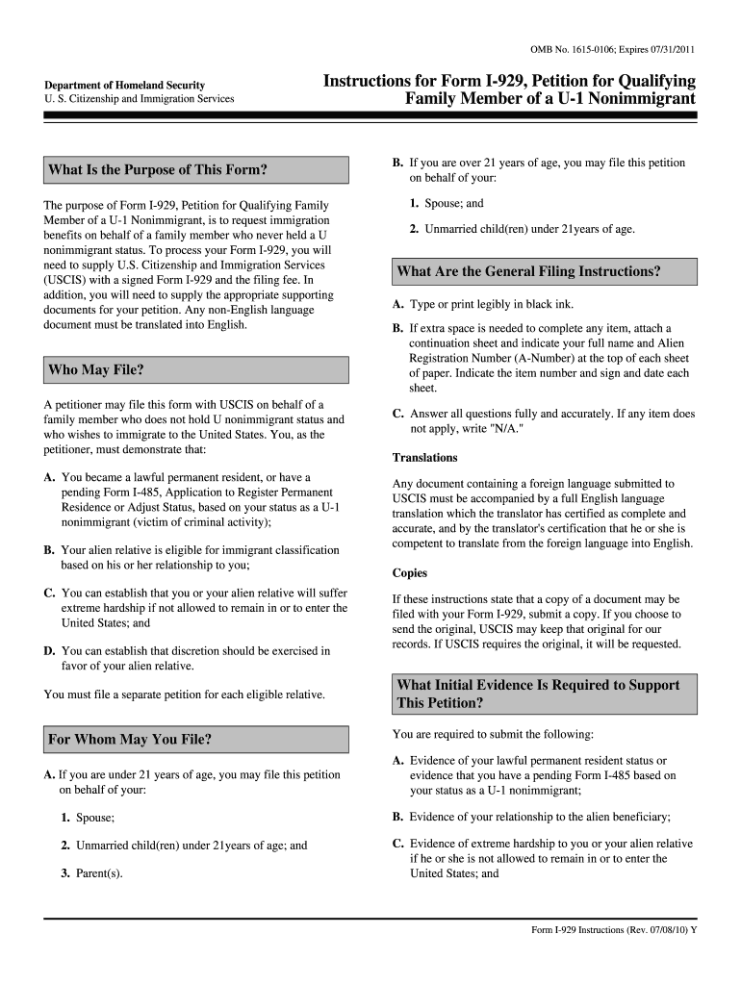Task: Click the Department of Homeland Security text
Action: (124, 86)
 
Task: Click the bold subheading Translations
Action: (424, 457)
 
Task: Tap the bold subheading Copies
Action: (410, 572)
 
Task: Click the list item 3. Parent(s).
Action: (90, 874)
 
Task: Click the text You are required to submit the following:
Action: (493, 734)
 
